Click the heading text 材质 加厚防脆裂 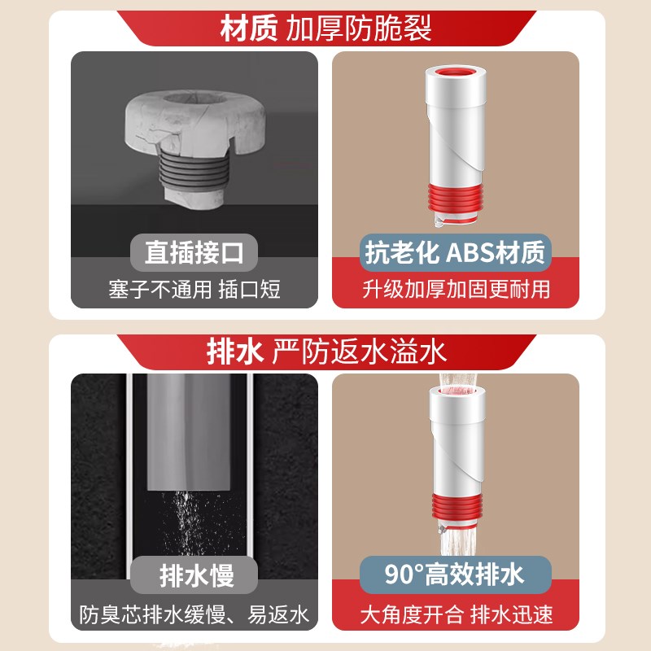pos(325,29)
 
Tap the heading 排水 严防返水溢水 pos(325,352)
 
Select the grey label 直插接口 pos(194,253)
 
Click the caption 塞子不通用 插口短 pos(194,290)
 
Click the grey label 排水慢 pos(194,575)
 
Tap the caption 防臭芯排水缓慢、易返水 pos(194,614)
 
